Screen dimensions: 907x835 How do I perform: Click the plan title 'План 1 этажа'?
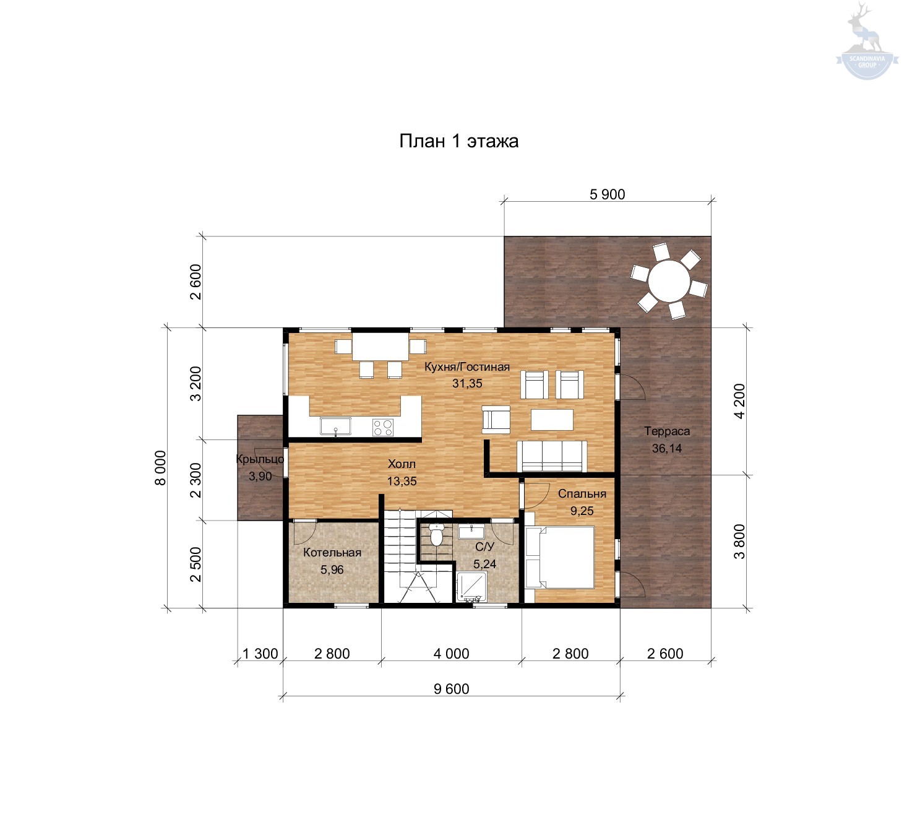tap(458, 141)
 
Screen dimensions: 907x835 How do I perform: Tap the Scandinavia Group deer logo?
tap(867, 41)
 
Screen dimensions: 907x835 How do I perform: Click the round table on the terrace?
tap(669, 280)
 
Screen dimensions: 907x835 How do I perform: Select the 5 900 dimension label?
tap(607, 194)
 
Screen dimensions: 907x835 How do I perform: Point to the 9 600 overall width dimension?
tap(451, 689)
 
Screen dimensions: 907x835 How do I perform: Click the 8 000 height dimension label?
tap(160, 468)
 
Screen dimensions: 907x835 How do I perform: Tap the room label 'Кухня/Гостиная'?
tap(467, 366)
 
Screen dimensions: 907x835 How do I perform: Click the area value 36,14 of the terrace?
tap(666, 448)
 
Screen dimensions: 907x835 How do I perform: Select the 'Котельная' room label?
tap(332, 552)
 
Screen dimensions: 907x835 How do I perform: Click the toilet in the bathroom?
tap(436, 535)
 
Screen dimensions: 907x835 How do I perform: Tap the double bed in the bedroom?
tap(560, 557)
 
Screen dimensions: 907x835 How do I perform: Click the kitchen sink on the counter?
tap(335, 426)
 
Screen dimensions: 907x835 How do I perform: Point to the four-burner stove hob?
tap(382, 427)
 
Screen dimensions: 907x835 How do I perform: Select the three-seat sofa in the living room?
tap(552, 456)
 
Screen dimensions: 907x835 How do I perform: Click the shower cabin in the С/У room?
tap(471, 587)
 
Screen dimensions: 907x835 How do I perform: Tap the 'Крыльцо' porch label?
tap(260, 459)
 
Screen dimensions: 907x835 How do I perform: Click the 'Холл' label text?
tap(402, 464)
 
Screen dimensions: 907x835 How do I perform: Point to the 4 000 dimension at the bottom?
tap(451, 654)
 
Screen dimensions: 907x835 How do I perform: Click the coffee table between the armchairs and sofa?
tap(552, 420)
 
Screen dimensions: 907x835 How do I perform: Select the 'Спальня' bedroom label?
tap(582, 494)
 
